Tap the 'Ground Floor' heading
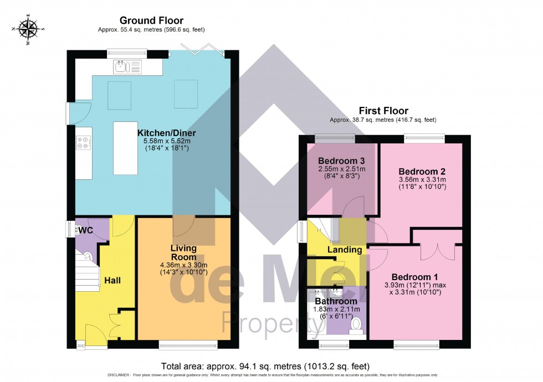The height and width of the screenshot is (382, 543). (144, 20)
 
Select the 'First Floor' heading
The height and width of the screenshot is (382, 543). (383, 111)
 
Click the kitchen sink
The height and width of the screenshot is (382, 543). (127, 68)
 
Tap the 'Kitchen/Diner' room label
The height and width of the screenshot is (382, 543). (166, 133)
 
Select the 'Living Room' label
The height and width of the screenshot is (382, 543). (183, 253)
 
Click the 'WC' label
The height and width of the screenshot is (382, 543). (85, 230)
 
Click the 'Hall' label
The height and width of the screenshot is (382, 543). (112, 281)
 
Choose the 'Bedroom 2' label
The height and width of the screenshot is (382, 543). (422, 172)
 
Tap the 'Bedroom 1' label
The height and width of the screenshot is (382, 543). (415, 277)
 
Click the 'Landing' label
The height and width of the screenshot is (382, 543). (345, 250)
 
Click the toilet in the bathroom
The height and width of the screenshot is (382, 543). (356, 325)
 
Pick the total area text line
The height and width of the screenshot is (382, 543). (265, 366)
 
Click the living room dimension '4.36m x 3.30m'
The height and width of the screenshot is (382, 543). (183, 265)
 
